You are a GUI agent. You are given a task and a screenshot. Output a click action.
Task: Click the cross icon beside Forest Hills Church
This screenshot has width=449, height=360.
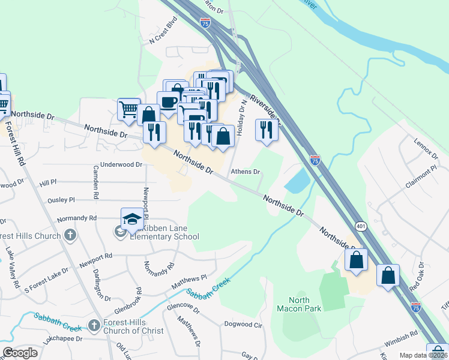click(x=70, y=235)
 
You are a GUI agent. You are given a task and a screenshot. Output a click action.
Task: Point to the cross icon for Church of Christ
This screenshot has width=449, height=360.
click(x=94, y=325)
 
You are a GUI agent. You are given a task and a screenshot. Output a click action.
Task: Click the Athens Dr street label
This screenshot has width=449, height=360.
click(x=246, y=171)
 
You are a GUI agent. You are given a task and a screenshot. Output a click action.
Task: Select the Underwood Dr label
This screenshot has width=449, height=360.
click(x=122, y=164)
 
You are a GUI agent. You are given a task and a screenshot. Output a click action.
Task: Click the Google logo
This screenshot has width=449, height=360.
click(x=20, y=353)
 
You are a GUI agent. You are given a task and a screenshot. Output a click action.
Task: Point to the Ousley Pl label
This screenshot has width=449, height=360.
click(x=62, y=199)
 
